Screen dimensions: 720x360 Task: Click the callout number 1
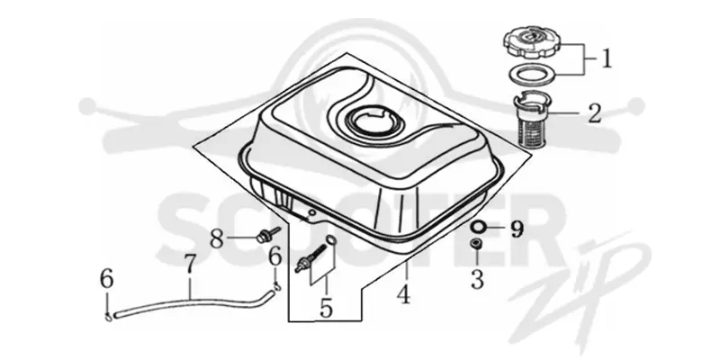[x=607, y=58]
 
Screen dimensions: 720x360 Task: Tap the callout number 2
[x=595, y=113]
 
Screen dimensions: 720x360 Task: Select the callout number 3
[x=478, y=279]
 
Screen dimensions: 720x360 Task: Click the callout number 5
[x=326, y=308]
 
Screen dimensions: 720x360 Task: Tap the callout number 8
[x=217, y=238]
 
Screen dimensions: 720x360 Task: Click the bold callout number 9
[x=517, y=229]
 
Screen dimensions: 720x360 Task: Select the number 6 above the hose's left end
[x=106, y=279]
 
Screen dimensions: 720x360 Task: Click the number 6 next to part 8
[x=274, y=256]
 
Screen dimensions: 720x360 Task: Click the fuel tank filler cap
[x=533, y=43]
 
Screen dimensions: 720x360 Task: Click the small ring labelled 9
[x=477, y=228]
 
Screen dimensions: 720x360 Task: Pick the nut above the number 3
[x=477, y=244]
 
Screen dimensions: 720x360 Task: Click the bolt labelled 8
[x=267, y=234]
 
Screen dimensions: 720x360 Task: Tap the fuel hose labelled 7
[x=193, y=304]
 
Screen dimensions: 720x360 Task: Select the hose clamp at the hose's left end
[x=108, y=317]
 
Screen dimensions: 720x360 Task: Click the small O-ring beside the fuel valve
[x=331, y=240]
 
